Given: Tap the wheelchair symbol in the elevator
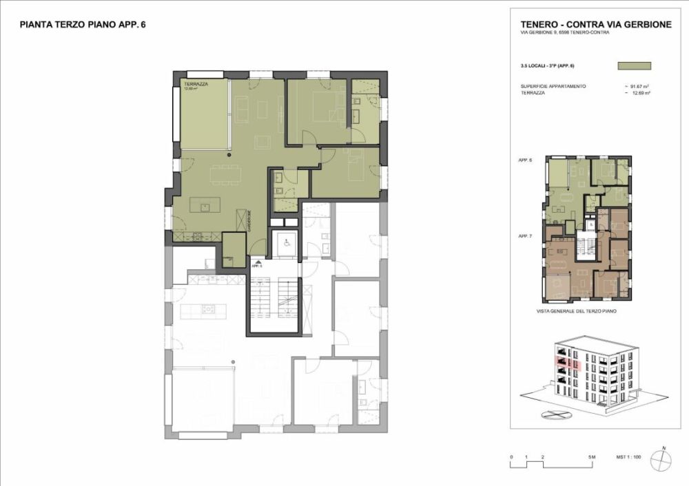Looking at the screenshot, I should [285, 242].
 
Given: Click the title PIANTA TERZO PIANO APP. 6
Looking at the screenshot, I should [82, 25].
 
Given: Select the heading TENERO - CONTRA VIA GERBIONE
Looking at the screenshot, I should [596, 25].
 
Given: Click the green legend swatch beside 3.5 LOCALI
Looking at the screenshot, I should [635, 66].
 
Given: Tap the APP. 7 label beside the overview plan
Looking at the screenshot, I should [526, 236].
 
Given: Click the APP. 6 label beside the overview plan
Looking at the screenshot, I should [526, 160].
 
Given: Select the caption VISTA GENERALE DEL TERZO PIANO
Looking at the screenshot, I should [576, 311].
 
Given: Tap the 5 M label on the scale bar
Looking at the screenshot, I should [590, 457].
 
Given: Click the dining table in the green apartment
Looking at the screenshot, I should [226, 173].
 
